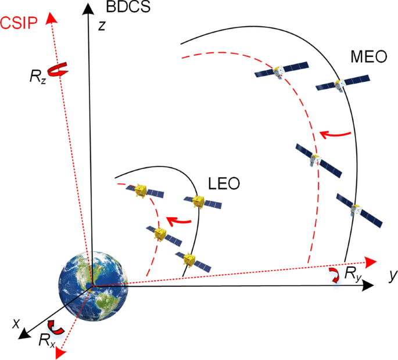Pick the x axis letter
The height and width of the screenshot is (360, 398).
click(x=16, y=321)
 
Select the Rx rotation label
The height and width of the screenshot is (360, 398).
click(x=47, y=341)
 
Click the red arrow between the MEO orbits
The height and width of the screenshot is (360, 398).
click(x=336, y=136)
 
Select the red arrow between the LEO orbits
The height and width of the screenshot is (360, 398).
click(x=180, y=221)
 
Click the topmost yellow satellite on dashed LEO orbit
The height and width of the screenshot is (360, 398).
click(x=142, y=191)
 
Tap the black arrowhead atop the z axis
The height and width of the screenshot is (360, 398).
click(x=87, y=8)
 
